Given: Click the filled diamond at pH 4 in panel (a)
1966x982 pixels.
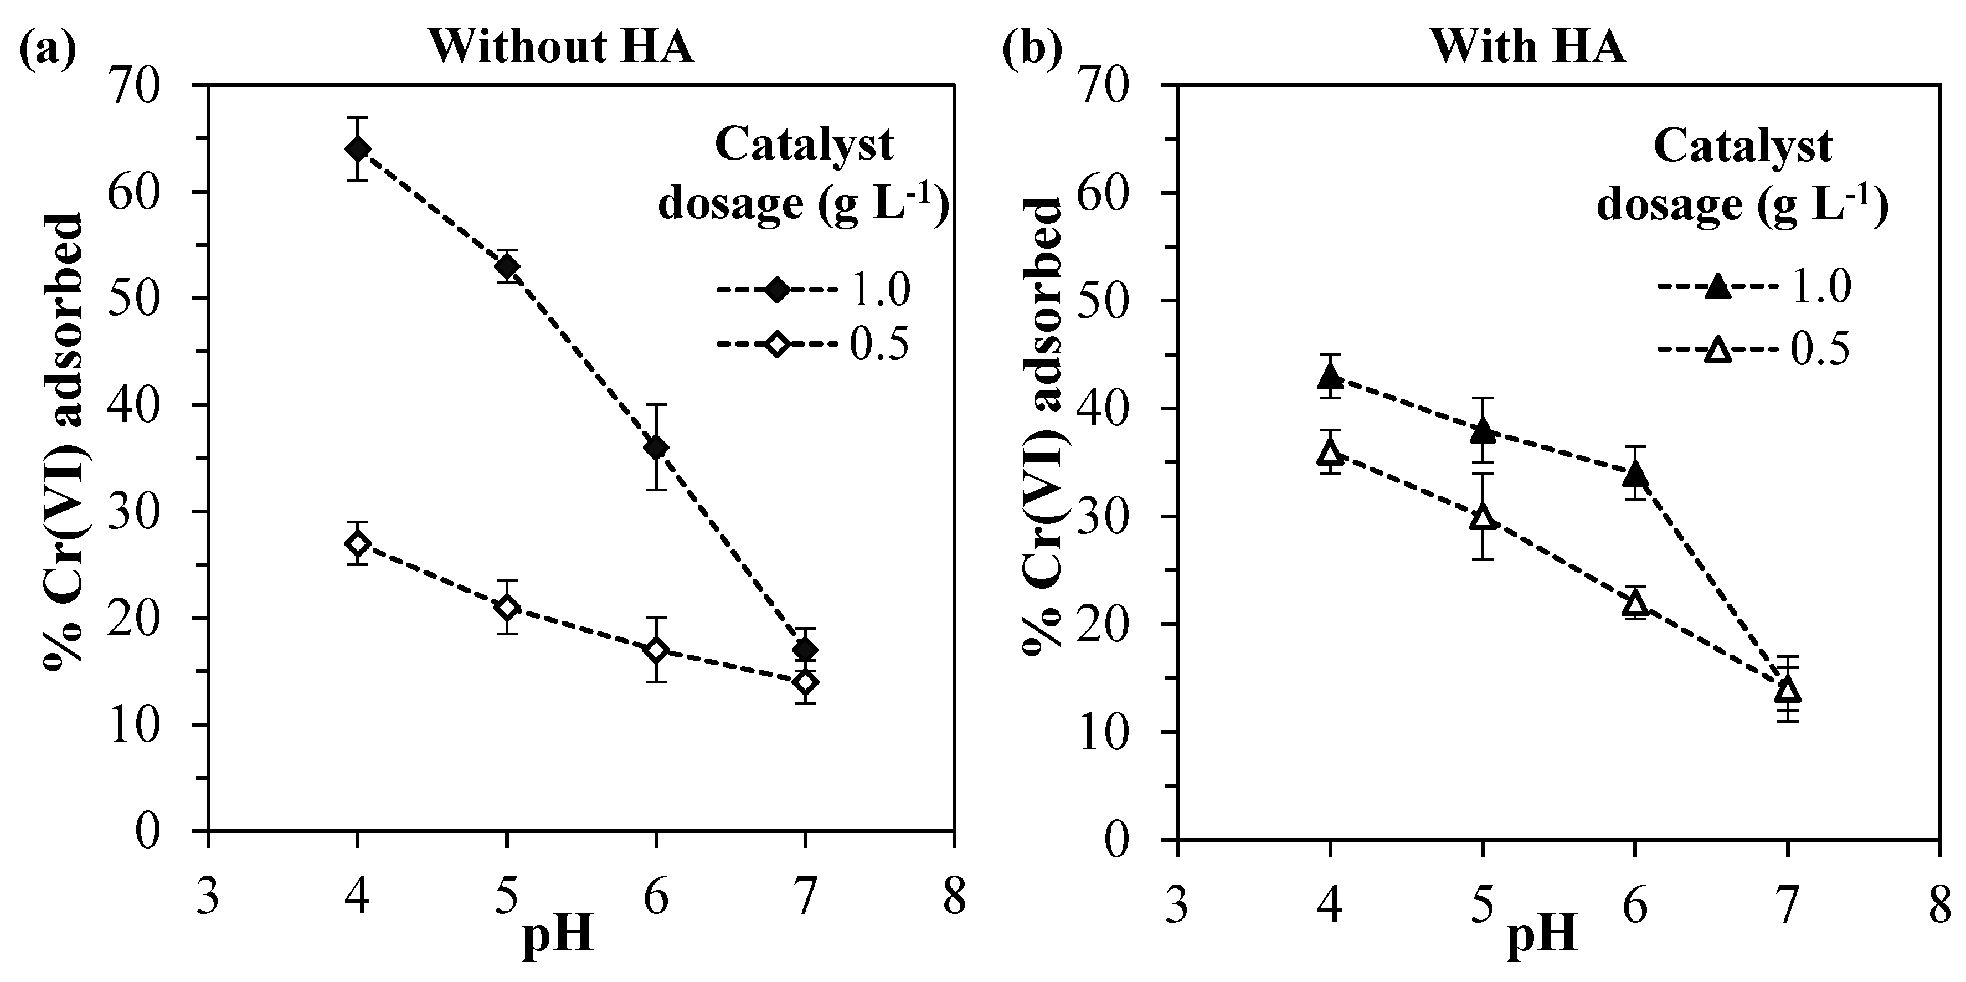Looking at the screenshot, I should [357, 149].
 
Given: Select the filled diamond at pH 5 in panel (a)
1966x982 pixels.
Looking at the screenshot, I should [507, 266].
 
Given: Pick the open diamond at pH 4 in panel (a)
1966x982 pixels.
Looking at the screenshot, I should [357, 543].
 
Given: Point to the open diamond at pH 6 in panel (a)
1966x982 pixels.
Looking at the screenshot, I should [656, 650].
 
